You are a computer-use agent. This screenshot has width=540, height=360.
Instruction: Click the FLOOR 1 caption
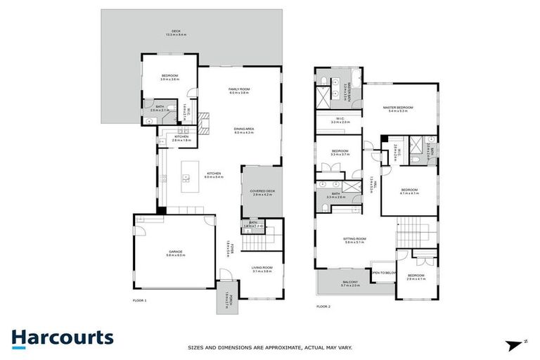140,300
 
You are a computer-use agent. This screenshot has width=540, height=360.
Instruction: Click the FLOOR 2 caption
323,307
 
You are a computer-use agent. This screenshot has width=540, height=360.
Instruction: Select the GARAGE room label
174,252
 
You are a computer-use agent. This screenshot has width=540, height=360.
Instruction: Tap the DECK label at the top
167,32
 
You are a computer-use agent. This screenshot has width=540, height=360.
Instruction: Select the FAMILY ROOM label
239,91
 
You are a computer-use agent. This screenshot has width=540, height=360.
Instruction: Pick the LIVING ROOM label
262,269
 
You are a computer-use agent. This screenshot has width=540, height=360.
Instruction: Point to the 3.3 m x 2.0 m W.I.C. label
340,120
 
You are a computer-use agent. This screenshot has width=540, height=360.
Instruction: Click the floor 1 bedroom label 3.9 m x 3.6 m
169,77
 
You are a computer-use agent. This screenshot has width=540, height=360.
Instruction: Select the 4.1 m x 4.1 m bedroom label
409,191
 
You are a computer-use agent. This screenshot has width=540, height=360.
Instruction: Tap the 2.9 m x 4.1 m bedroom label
416,277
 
